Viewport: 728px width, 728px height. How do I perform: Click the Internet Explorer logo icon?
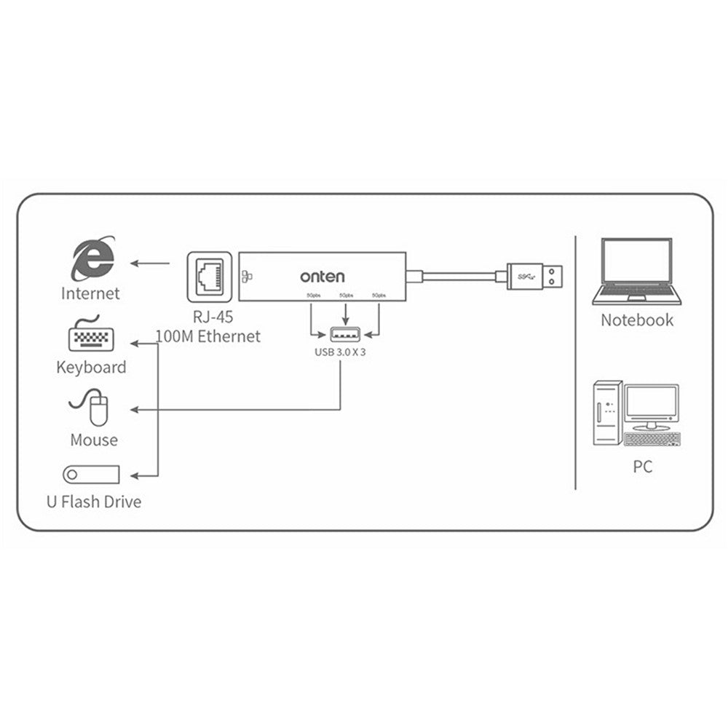coord(92,259)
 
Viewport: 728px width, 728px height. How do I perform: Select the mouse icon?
coord(92,408)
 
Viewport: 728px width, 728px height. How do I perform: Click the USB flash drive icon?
coord(91,475)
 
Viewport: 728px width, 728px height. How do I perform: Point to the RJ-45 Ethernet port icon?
coord(210,277)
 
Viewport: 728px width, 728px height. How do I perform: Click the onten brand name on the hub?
coord(323,277)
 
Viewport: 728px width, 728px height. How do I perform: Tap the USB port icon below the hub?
coord(345,334)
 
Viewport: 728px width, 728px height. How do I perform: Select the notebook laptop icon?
coord(636,273)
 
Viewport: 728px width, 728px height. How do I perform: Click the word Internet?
coord(90,294)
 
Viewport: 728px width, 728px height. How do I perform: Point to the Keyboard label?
coord(91,367)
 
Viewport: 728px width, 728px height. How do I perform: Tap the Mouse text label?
coord(94,440)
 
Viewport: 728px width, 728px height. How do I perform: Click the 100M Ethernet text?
coord(207,336)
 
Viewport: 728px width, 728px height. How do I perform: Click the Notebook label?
coord(637,320)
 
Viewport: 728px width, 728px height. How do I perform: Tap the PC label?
coord(642,467)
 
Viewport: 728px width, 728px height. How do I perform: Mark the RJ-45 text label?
coord(208,317)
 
